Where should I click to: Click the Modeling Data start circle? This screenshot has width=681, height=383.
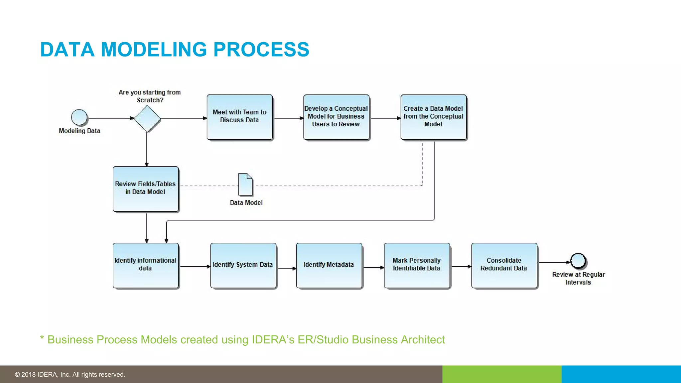[79, 117]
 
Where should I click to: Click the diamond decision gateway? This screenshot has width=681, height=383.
[147, 118]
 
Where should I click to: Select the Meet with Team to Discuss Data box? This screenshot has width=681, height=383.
[239, 117]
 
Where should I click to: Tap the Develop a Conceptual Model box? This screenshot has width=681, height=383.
[336, 117]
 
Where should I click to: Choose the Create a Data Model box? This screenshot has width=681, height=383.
[433, 117]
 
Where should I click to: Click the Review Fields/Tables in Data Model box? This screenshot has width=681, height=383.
[146, 189]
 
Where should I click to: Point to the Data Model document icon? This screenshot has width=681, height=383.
[245, 184]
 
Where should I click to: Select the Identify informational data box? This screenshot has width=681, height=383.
[146, 265]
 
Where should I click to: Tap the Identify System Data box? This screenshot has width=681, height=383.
[243, 265]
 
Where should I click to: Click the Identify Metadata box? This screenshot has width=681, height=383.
[329, 265]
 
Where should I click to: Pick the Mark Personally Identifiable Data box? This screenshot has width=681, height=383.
[417, 265]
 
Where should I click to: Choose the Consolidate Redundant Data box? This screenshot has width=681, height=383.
[504, 265]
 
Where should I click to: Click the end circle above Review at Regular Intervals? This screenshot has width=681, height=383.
[578, 261]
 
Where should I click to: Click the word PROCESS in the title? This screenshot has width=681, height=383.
[261, 50]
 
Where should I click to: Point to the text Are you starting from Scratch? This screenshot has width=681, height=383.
[150, 96]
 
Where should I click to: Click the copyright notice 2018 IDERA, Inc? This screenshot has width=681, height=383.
[70, 375]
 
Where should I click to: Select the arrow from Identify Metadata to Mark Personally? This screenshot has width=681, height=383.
[373, 267]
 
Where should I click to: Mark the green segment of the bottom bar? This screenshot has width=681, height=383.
[501, 374]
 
